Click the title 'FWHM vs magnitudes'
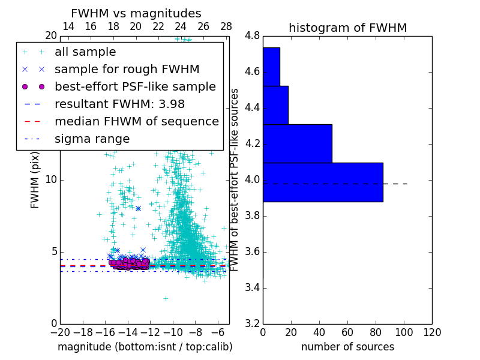136,14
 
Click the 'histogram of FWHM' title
347,28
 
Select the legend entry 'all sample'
85,52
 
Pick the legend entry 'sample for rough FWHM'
127,70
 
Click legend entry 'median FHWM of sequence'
136,122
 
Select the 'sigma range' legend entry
92,139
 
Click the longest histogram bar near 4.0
323,182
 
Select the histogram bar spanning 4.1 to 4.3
297,143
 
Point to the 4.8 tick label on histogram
252,36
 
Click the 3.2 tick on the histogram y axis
252,323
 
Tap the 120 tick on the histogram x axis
431,332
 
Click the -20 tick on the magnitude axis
60,332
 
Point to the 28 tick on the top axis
226,27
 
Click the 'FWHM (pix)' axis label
35,179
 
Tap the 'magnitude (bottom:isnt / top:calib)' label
145,347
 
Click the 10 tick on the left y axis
51,180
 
